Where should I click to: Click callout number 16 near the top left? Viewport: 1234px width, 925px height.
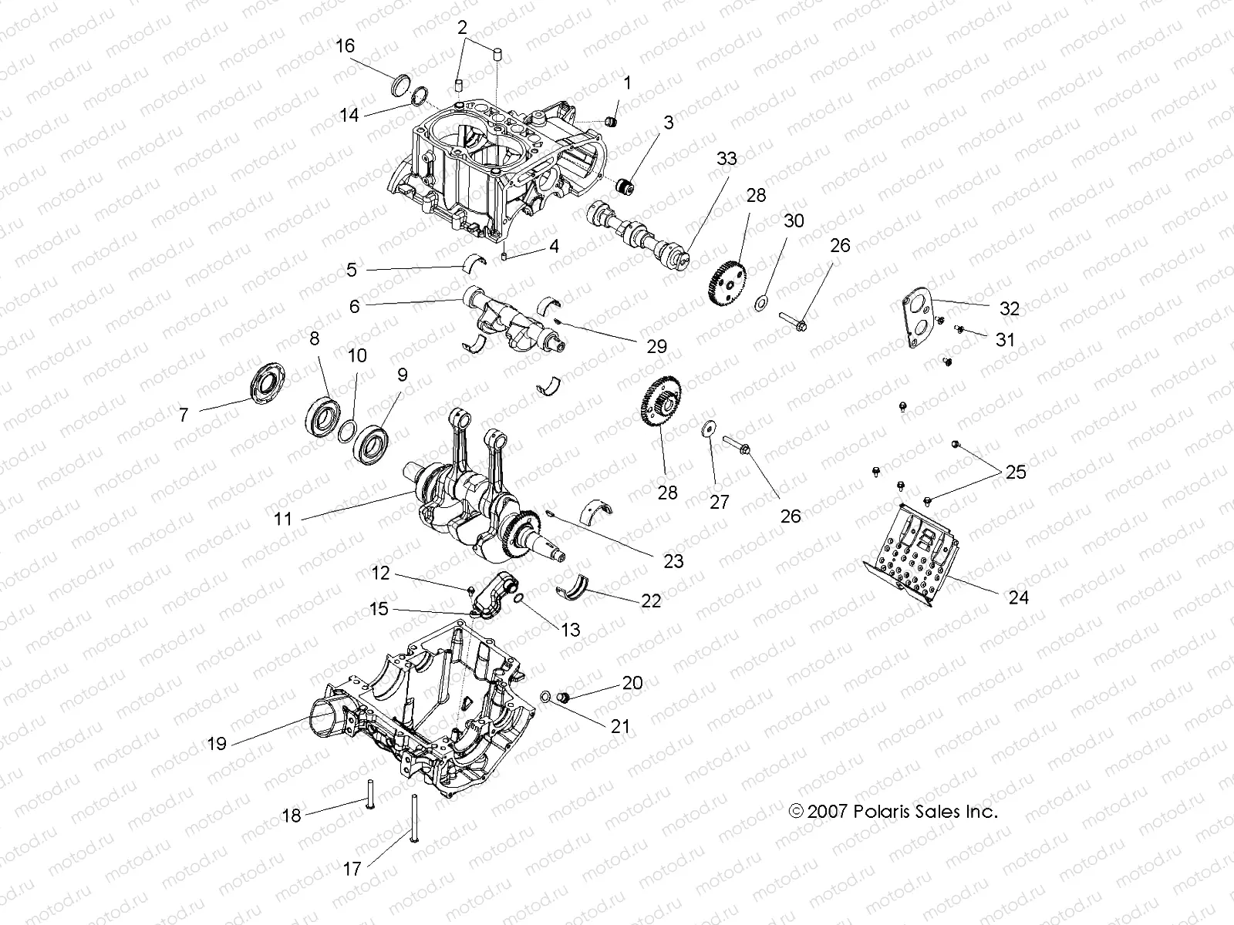(345, 46)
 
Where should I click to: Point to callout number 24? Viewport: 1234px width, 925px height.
(1018, 597)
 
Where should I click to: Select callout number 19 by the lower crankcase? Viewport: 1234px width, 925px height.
(217, 743)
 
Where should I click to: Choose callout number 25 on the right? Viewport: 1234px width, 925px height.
(1016, 472)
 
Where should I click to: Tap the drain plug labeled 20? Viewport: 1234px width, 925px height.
(562, 698)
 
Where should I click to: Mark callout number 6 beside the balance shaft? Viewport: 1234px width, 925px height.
(354, 306)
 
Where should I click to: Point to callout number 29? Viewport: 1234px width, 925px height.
(656, 347)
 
